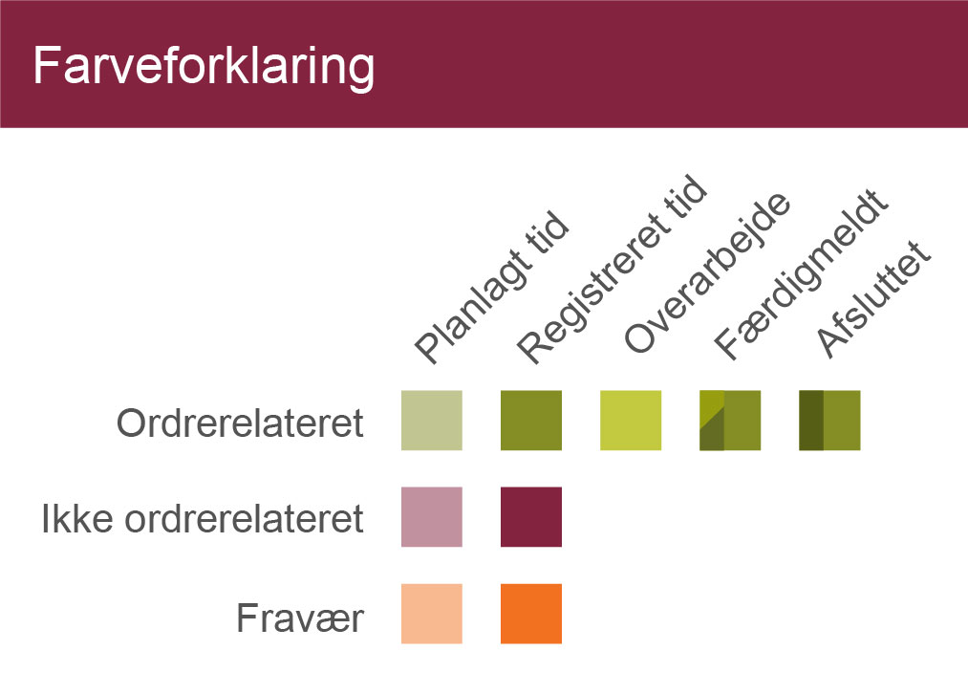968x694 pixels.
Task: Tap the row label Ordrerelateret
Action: pyautogui.click(x=240, y=423)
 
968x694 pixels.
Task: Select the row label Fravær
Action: pyautogui.click(x=300, y=618)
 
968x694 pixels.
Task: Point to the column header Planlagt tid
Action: pyautogui.click(x=491, y=287)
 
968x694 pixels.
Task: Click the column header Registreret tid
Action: pyautogui.click(x=612, y=270)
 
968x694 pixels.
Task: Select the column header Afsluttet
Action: pyautogui.click(x=873, y=298)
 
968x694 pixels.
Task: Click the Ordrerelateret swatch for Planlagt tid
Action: pyautogui.click(x=432, y=420)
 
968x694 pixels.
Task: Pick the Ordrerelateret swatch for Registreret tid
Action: pyautogui.click(x=531, y=420)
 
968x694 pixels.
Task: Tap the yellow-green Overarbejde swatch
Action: pyautogui.click(x=631, y=420)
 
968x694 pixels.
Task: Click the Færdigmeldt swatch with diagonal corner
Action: pyautogui.click(x=730, y=420)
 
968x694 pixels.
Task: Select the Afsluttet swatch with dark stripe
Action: pyautogui.click(x=829, y=420)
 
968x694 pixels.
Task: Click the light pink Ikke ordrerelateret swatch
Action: pyautogui.click(x=432, y=517)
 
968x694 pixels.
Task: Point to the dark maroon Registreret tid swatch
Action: pyautogui.click(x=531, y=517)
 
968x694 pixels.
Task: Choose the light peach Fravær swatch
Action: pyautogui.click(x=432, y=614)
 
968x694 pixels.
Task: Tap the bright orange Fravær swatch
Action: pyautogui.click(x=531, y=614)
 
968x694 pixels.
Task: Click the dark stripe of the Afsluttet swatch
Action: pyautogui.click(x=811, y=420)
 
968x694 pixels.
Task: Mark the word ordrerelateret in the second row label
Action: pyautogui.click(x=245, y=518)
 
